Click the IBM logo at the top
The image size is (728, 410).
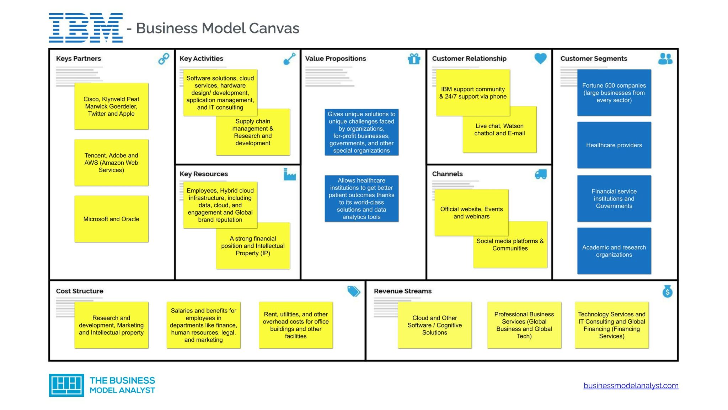point(86,28)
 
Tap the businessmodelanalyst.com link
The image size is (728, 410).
point(631,385)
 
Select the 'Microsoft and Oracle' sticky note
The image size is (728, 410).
point(111,219)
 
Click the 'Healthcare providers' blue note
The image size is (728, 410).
point(614,145)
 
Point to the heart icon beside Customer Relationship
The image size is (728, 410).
point(540,58)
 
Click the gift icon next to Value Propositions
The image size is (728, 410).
point(414,59)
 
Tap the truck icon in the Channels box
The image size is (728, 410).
point(540,174)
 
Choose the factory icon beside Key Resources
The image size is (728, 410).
point(289,174)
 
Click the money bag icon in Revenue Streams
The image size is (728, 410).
point(667,291)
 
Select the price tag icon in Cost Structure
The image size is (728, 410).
point(353,291)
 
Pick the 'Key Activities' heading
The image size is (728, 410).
point(201,58)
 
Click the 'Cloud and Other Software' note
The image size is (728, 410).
point(434,325)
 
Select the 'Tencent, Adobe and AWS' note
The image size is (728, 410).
point(111,163)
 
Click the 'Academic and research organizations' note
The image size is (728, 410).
point(614,251)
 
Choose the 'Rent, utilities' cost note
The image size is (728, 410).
point(295,325)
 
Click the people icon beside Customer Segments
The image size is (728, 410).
point(665,59)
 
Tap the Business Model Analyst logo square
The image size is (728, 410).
point(66,385)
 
